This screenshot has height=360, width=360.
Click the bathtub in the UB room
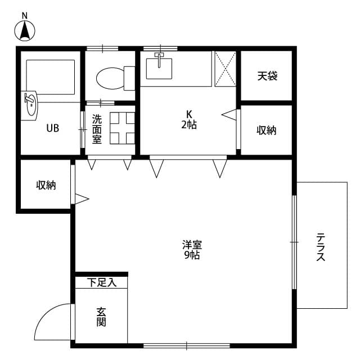(x=51, y=76)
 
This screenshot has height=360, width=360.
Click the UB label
(x=52, y=128)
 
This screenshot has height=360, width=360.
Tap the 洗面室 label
(x=97, y=129)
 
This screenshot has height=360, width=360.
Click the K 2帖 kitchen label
(x=188, y=119)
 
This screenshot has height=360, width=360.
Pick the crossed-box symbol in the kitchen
(x=224, y=69)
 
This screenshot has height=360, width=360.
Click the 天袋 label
(x=267, y=75)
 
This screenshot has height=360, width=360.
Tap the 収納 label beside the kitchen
(x=267, y=130)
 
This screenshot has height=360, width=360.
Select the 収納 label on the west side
(x=46, y=185)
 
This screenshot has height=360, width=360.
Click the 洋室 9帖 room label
(x=192, y=250)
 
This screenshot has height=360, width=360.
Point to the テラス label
(x=321, y=247)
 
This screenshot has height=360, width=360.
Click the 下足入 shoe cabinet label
(x=102, y=282)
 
